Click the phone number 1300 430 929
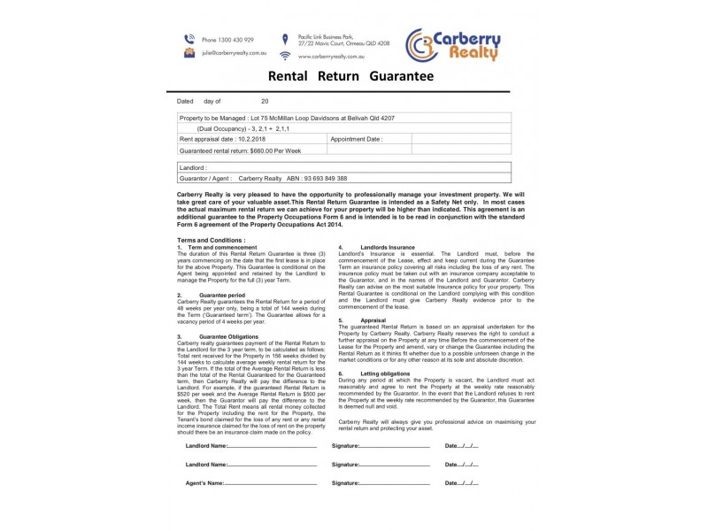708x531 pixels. [227, 40]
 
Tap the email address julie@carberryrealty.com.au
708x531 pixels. [233, 53]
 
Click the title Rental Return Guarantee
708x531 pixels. [350, 78]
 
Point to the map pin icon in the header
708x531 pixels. [284, 39]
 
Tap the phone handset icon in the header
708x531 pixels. [189, 40]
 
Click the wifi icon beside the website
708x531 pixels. [284, 56]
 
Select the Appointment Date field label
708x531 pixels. [357, 139]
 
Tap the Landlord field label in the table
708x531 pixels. [193, 166]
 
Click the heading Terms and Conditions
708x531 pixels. [210, 240]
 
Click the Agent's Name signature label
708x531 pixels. [204, 483]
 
